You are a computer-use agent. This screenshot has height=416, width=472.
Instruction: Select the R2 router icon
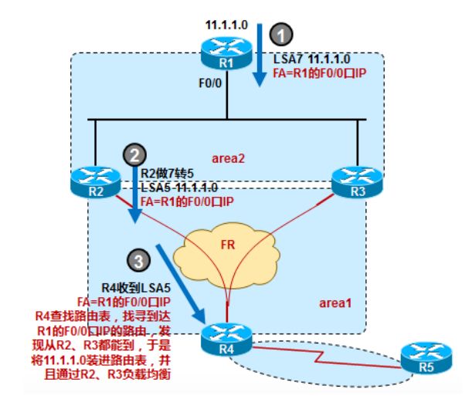92,181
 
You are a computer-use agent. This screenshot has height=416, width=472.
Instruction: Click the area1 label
334,303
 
